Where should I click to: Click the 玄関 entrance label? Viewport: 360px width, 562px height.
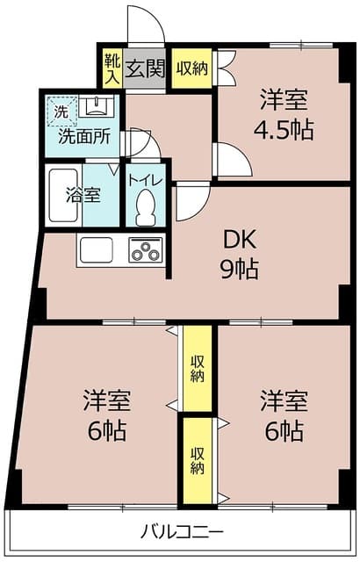point(145,68)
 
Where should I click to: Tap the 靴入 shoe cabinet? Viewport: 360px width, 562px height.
point(112,68)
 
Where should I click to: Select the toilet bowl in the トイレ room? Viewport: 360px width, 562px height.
point(145,207)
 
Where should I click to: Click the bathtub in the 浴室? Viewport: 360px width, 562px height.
point(63,195)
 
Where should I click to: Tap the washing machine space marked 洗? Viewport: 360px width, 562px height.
point(61,111)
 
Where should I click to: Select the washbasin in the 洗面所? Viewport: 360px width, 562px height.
point(96,106)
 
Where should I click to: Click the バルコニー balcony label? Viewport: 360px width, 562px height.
point(182,531)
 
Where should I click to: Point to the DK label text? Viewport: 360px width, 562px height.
point(240,240)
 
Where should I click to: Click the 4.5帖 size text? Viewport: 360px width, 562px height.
point(284,129)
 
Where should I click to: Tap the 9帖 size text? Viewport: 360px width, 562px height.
point(239,270)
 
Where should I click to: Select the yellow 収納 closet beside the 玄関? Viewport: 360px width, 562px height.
point(192,68)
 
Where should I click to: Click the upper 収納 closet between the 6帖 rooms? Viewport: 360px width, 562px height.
point(198,369)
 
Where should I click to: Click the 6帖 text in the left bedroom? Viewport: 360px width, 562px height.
point(107,430)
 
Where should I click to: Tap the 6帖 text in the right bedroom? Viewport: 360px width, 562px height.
point(284,430)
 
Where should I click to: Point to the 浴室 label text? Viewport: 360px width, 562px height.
point(83,195)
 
